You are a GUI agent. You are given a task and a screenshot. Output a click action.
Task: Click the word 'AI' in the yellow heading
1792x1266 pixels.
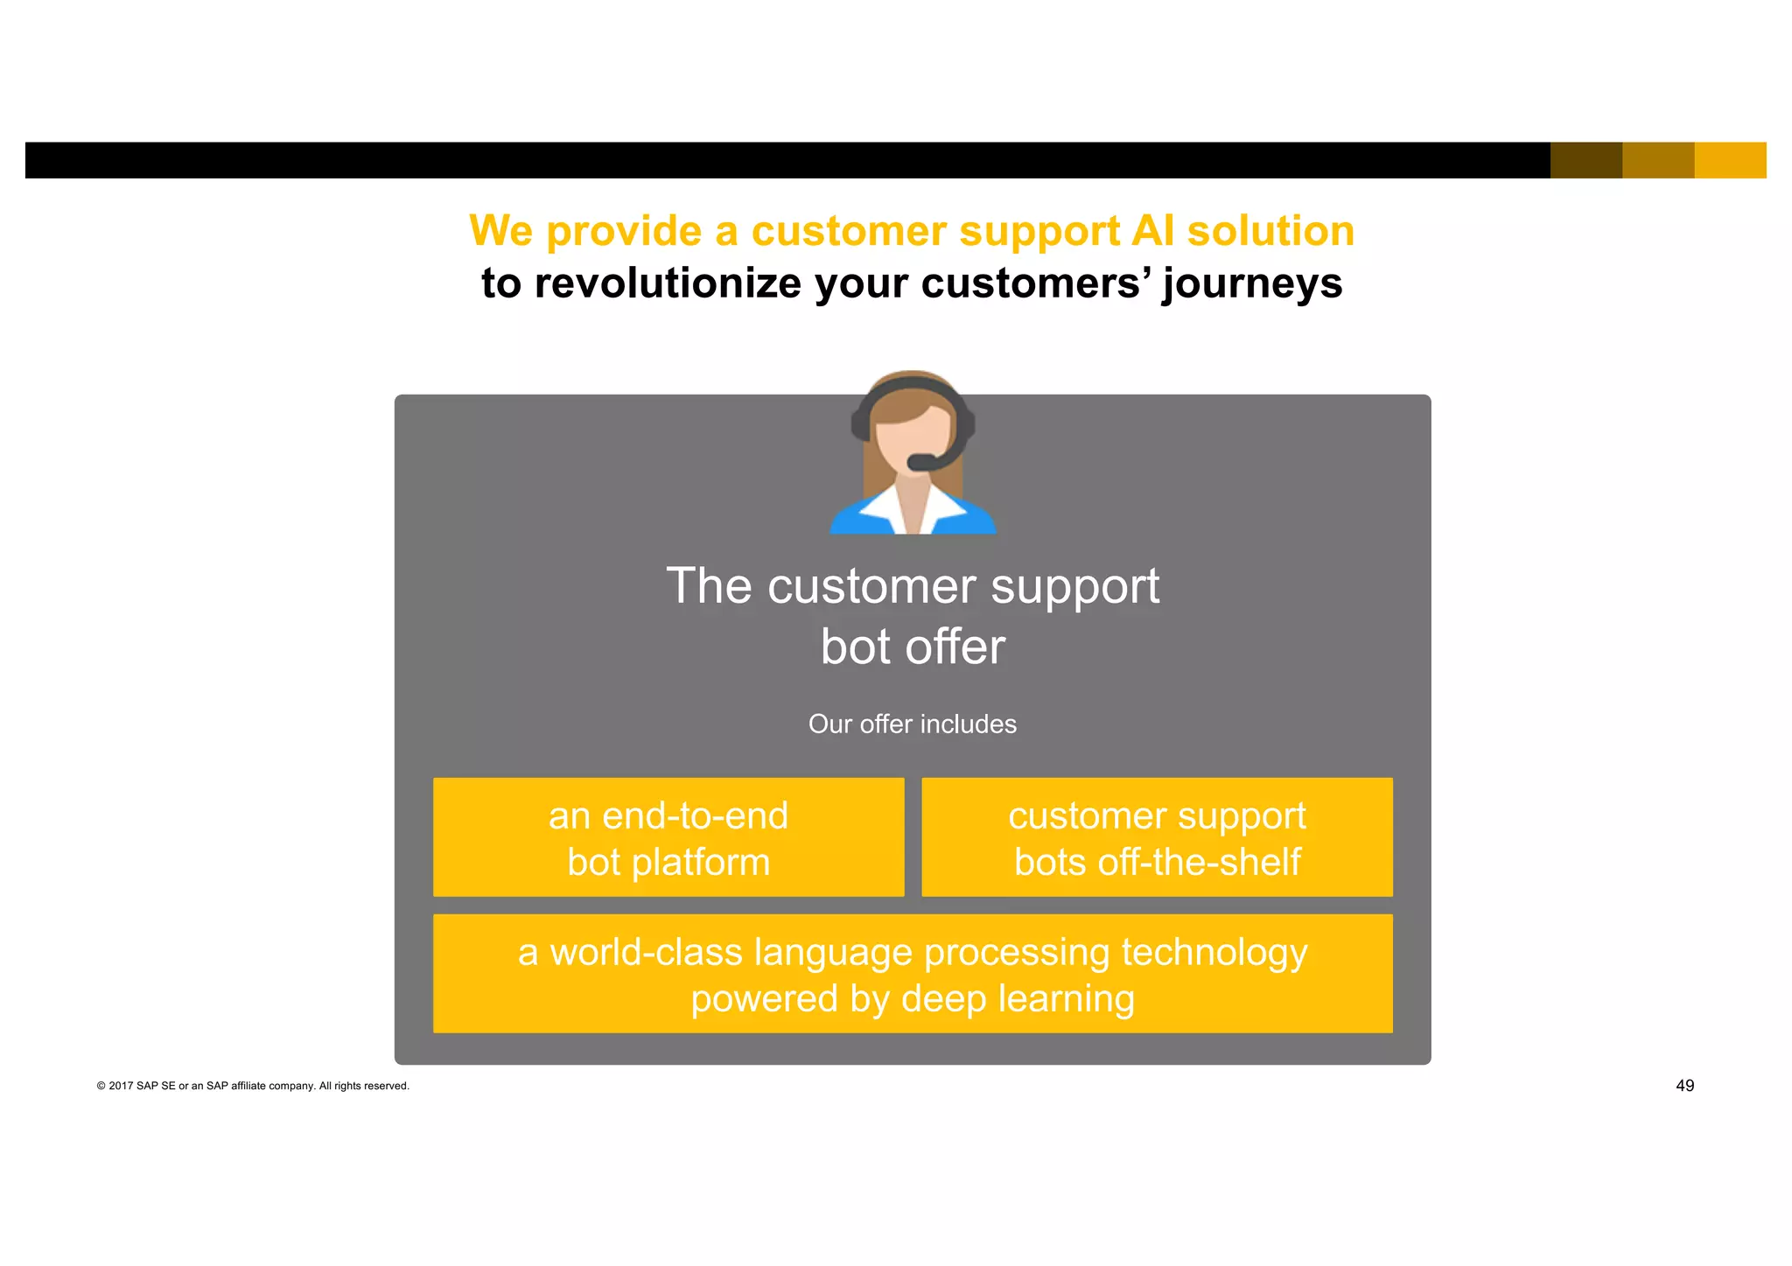(x=1152, y=232)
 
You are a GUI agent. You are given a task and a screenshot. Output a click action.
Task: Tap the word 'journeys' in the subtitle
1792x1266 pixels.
(x=1251, y=284)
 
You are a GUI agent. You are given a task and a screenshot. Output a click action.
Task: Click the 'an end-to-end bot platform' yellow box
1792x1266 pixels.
(x=668, y=837)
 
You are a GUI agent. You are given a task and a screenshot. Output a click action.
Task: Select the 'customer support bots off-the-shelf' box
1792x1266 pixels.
(x=1157, y=837)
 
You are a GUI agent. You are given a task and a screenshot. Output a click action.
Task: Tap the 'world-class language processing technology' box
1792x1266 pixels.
(x=913, y=974)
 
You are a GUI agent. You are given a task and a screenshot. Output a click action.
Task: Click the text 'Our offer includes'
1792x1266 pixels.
(x=913, y=724)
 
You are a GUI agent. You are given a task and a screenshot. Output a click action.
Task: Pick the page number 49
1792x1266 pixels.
(x=1684, y=1086)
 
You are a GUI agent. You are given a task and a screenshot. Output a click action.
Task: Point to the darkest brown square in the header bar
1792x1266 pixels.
(x=1585, y=160)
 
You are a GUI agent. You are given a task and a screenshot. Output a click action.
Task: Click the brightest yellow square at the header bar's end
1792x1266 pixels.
(x=1730, y=160)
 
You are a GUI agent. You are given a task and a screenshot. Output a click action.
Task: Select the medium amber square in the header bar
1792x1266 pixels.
(x=1658, y=160)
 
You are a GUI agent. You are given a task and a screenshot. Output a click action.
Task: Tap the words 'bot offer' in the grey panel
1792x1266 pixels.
(x=913, y=647)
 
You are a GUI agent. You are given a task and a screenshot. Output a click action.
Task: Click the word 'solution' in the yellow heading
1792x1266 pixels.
(x=1270, y=232)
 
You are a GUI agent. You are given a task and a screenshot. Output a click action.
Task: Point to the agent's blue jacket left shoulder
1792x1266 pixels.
(x=853, y=521)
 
